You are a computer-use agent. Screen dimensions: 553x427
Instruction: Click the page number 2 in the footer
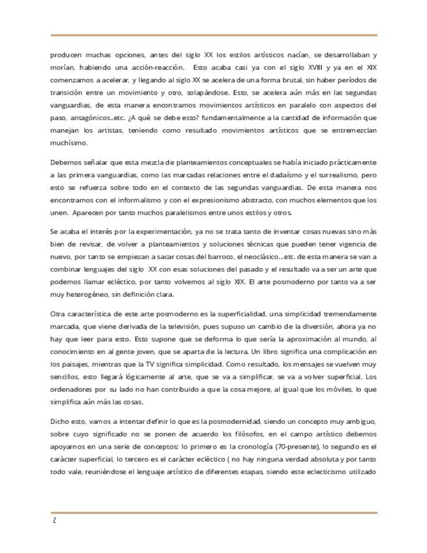pyautogui.click(x=53, y=522)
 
